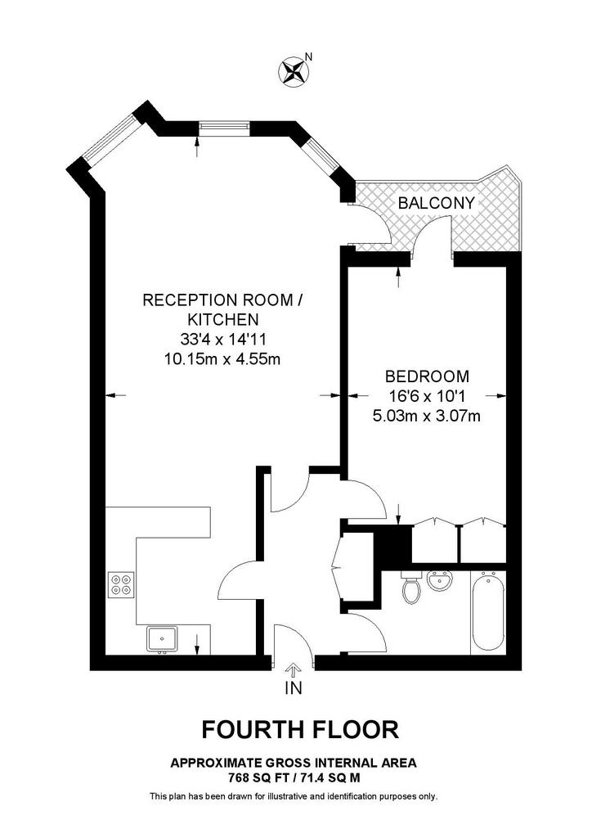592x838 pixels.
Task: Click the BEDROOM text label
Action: (x=427, y=376)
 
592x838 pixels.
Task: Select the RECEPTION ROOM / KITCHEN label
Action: (x=222, y=309)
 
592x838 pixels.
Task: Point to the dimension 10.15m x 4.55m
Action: (x=222, y=358)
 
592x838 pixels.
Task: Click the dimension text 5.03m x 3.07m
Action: (x=427, y=416)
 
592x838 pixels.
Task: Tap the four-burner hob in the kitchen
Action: (x=120, y=583)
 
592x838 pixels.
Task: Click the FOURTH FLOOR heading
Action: (x=300, y=728)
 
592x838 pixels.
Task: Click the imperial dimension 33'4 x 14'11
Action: (x=222, y=338)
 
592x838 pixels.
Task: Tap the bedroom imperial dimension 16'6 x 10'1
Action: (x=427, y=396)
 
